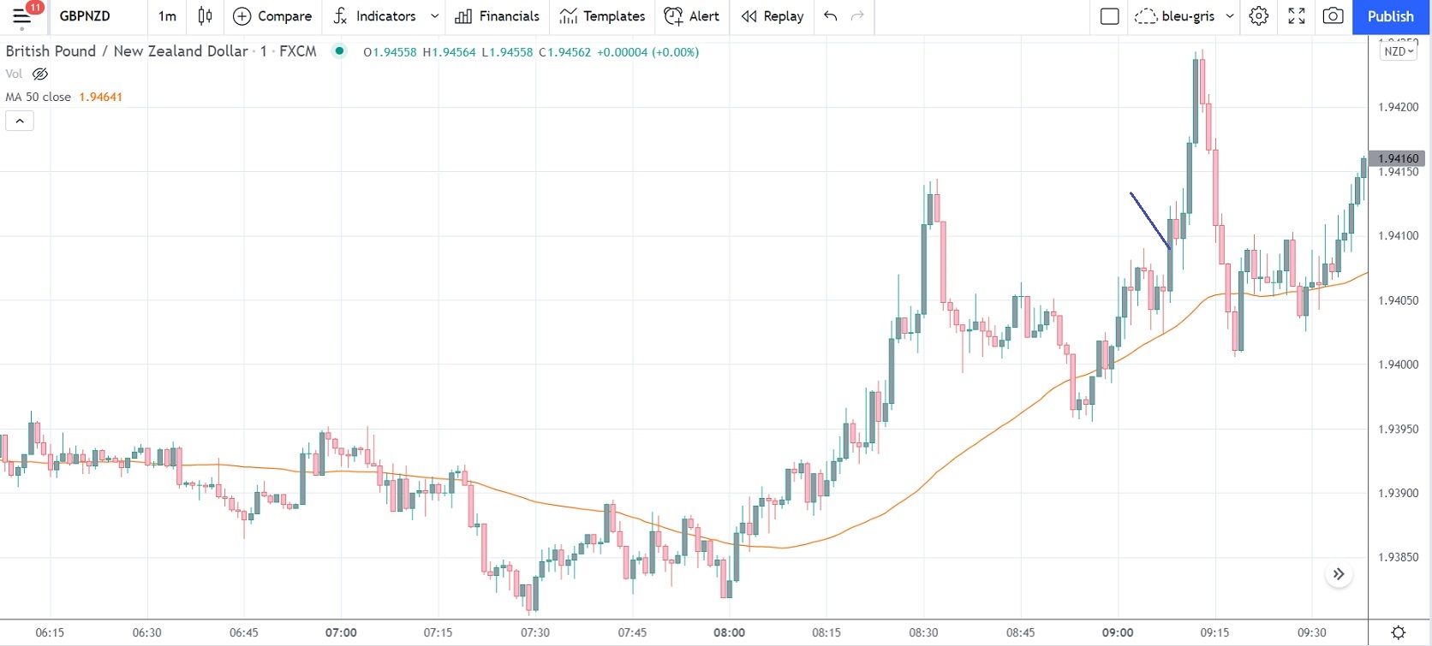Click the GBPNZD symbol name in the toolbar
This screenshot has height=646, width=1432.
(85, 16)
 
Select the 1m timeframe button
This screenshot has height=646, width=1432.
(167, 16)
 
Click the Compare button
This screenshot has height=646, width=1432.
(272, 16)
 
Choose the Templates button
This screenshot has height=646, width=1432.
(602, 16)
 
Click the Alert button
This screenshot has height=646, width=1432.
(692, 16)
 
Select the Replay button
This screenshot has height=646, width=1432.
(773, 16)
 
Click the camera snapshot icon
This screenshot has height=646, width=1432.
(1333, 16)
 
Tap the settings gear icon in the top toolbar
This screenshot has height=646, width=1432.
(1258, 16)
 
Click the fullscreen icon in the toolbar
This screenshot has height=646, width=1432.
(1296, 16)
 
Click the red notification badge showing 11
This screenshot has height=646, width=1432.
(34, 8)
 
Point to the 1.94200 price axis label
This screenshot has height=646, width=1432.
(1398, 107)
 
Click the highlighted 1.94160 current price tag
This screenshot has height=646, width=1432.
(1398, 158)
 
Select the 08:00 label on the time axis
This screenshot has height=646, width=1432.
(729, 632)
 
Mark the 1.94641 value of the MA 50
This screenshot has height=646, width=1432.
(100, 97)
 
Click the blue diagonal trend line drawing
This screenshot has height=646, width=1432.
(1150, 221)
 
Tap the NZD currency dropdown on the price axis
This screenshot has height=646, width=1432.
(1399, 51)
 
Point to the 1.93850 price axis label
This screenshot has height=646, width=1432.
(1398, 557)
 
